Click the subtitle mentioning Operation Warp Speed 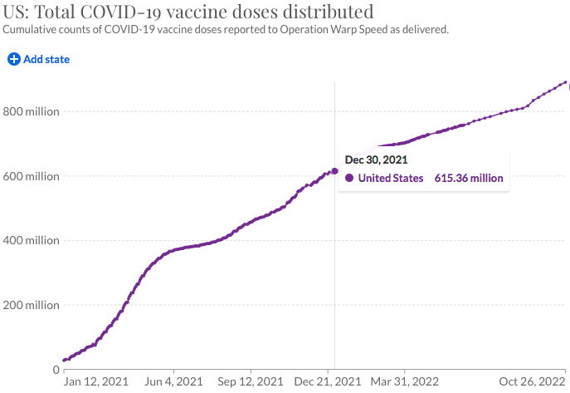point(226,30)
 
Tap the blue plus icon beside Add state point(14,59)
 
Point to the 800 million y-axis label point(29,111)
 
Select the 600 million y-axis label point(29,176)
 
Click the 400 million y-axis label point(29,241)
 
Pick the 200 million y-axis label point(29,305)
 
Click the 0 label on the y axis point(55,370)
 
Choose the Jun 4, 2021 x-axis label point(173,382)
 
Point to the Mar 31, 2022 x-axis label point(405,382)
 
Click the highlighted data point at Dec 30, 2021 point(334,171)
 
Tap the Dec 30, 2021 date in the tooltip point(376,160)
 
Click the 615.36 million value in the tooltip point(469,178)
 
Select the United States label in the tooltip point(391,178)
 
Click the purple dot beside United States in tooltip point(349,178)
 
